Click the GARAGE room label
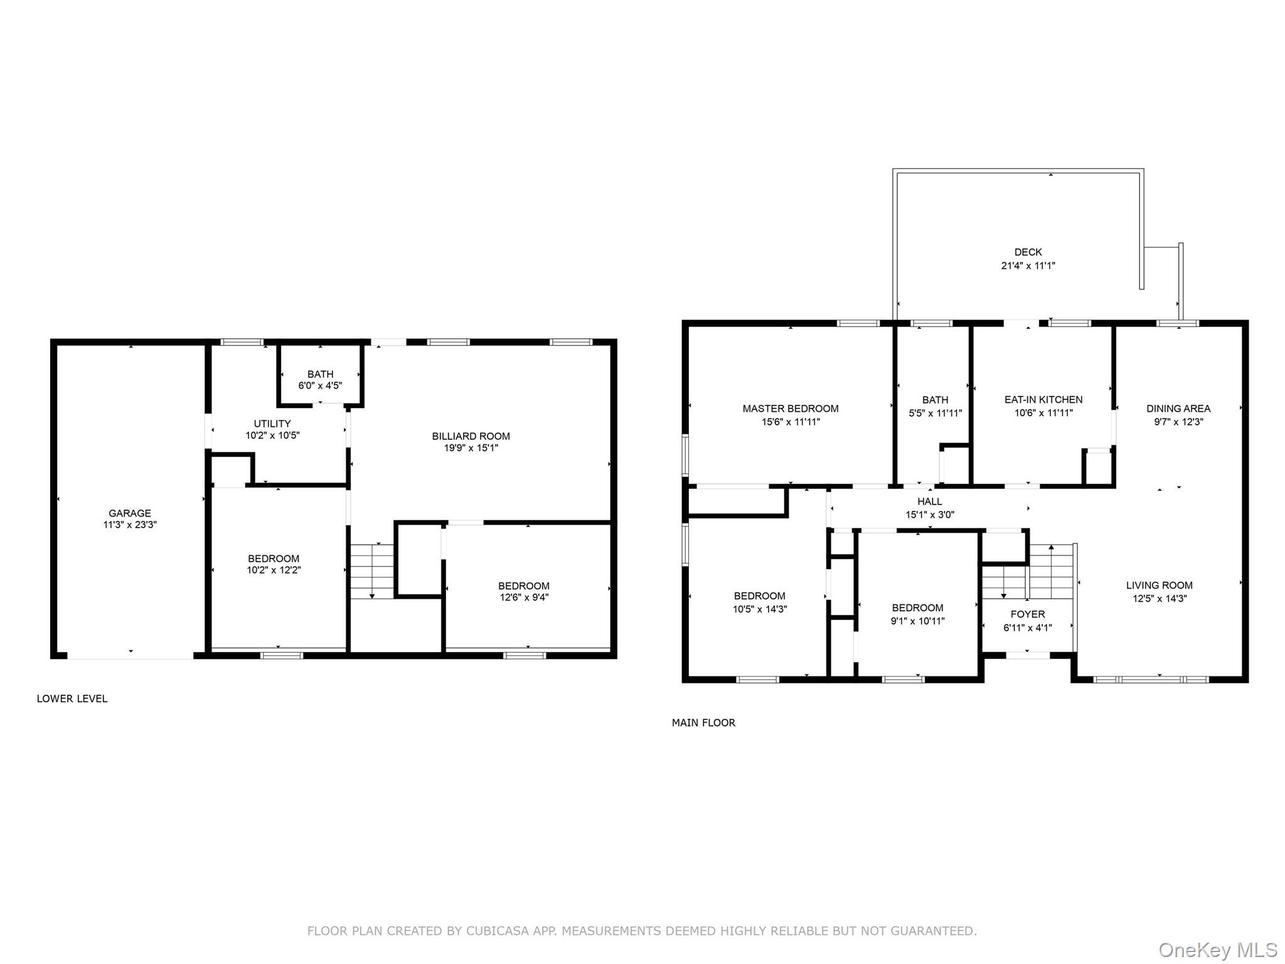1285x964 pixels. (130, 513)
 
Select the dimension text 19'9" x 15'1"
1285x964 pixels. (471, 448)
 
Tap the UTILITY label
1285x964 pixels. (272, 424)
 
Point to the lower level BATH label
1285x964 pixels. (320, 374)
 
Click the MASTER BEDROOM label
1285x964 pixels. (791, 409)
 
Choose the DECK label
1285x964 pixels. (1028, 252)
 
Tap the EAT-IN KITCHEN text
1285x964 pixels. (1043, 400)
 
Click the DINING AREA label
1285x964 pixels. (1178, 409)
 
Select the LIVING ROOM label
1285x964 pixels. (1160, 586)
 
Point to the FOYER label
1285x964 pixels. (1028, 614)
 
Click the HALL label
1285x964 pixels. (930, 501)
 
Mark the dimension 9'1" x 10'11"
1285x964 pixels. (918, 621)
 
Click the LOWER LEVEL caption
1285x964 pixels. (72, 699)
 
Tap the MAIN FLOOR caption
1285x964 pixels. (703, 723)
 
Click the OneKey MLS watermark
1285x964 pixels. (1218, 950)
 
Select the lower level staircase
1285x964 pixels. (371, 571)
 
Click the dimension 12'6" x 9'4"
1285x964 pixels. (524, 597)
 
